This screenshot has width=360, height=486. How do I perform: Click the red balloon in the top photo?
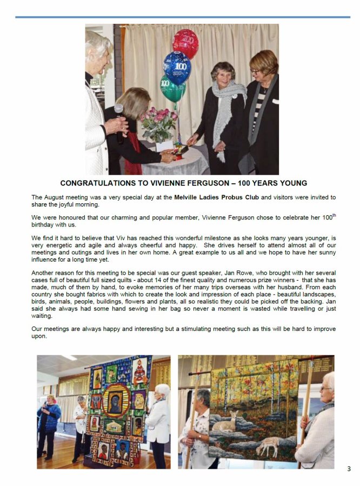(x=185, y=41)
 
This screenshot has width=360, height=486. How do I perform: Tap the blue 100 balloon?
(x=177, y=66)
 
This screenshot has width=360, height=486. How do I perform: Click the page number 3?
(x=349, y=469)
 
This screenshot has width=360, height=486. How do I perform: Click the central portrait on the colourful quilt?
(x=116, y=401)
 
